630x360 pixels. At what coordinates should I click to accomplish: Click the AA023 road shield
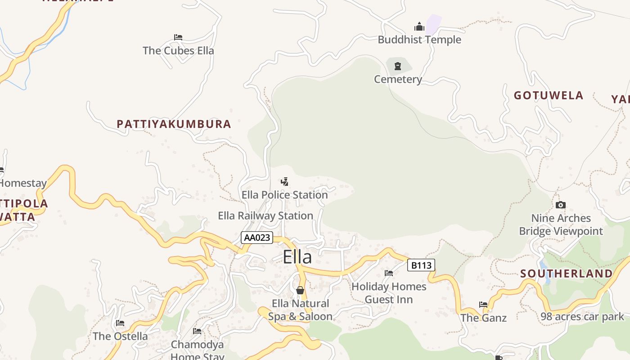click(257, 238)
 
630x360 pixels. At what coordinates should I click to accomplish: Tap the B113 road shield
click(421, 265)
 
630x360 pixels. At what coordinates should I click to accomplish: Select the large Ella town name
click(297, 257)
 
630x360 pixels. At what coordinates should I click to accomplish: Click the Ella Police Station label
click(284, 195)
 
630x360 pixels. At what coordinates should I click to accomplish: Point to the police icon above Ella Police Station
click(284, 182)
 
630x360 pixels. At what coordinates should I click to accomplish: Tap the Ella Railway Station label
click(265, 216)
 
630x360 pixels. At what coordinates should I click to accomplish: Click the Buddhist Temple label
click(419, 40)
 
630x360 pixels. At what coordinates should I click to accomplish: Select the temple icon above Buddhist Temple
click(419, 27)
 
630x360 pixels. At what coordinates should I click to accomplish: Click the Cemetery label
click(398, 80)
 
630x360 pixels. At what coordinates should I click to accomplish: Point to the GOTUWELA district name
click(549, 95)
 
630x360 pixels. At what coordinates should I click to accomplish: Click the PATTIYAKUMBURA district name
click(174, 124)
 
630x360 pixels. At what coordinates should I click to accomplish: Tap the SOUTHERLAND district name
click(567, 274)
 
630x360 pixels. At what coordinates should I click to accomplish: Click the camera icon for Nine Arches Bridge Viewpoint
click(560, 205)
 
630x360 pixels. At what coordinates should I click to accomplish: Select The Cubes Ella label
click(178, 50)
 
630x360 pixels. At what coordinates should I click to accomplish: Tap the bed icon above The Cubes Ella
click(178, 37)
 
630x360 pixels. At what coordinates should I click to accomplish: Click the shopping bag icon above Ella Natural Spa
click(300, 290)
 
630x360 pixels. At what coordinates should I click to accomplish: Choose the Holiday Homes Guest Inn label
click(389, 293)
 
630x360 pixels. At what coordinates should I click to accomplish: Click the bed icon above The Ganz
click(483, 305)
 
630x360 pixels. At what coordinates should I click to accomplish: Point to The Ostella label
click(120, 336)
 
